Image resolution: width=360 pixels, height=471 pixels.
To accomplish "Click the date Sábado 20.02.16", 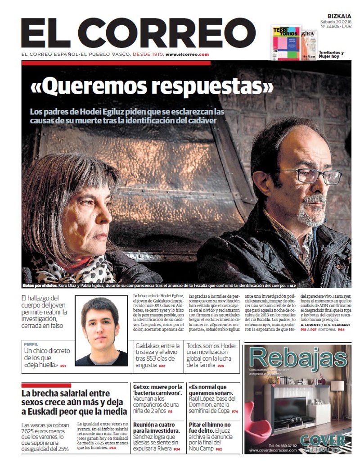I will (x=336, y=21).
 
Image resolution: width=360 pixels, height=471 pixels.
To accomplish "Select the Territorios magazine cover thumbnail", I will (x=286, y=43).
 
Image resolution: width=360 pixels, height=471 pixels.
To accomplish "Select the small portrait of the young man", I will (x=102, y=331).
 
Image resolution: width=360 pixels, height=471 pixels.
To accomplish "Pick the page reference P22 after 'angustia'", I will (x=162, y=366).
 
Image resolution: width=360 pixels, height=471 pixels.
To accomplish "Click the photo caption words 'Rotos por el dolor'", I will (x=39, y=285).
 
